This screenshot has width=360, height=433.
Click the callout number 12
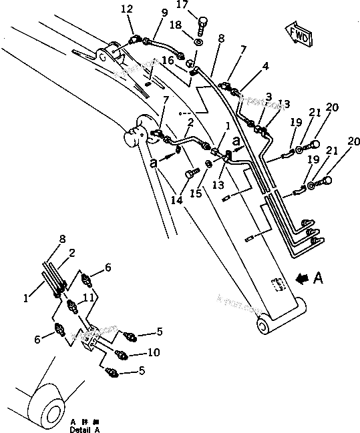127,9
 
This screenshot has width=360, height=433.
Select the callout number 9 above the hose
164,13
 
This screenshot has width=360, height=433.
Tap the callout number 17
182,5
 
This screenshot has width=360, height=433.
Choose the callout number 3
268,97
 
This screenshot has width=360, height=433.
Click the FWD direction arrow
297,34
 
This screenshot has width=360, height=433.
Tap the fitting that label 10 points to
121,354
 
